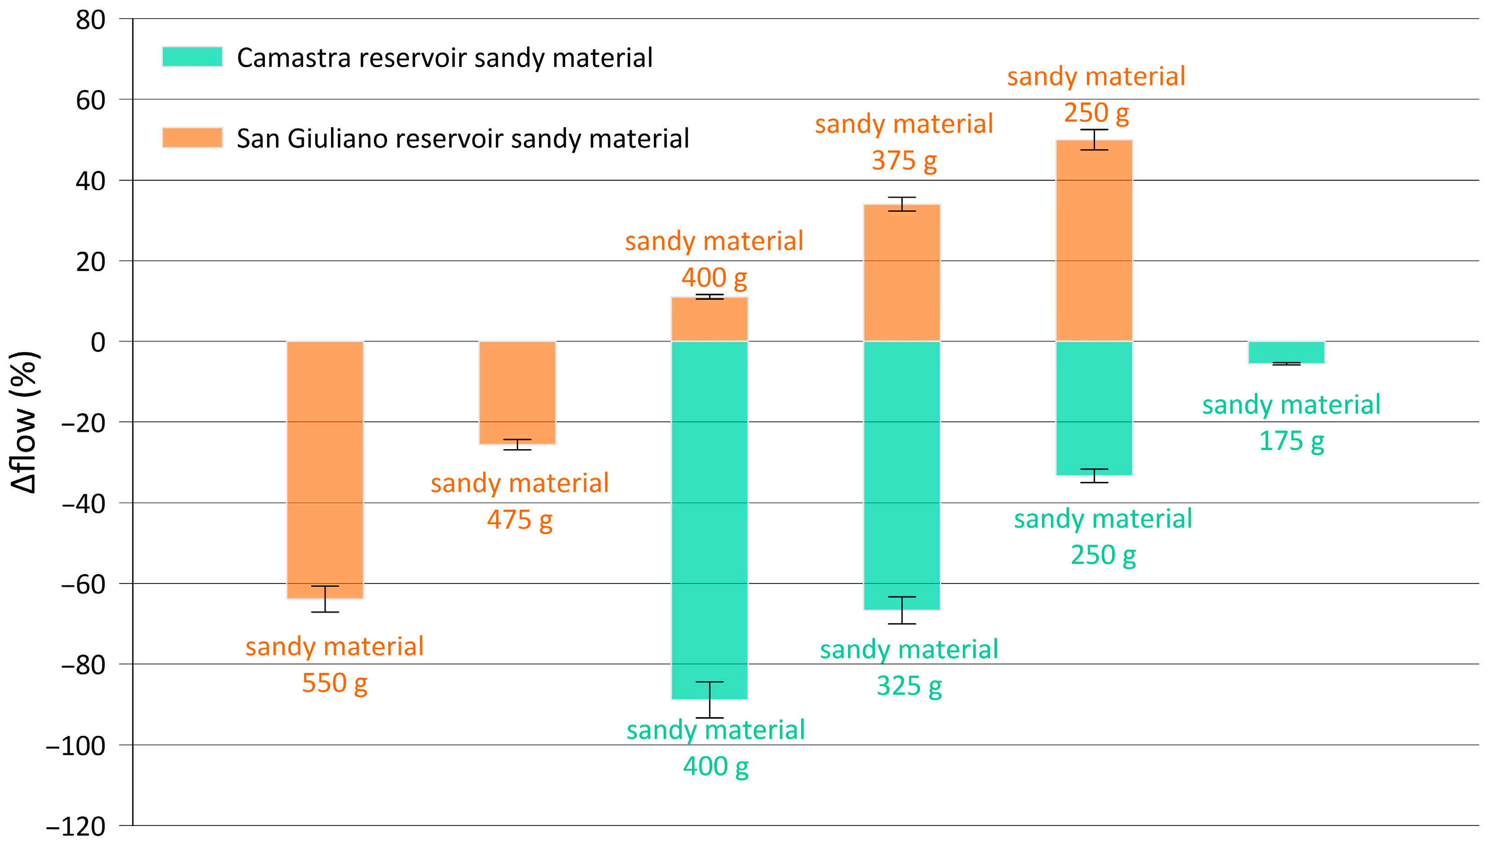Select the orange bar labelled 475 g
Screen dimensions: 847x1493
coord(517,392)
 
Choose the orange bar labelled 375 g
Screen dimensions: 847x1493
coord(902,272)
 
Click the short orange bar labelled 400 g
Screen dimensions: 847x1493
coord(709,319)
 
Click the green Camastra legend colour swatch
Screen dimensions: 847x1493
coord(192,57)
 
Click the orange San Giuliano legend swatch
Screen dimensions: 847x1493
coord(192,138)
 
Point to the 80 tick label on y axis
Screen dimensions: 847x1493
coord(91,20)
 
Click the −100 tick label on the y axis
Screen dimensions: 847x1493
coord(76,746)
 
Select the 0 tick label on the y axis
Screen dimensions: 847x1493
coord(98,343)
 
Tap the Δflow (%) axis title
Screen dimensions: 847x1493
coord(24,422)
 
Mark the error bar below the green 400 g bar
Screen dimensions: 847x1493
coord(709,700)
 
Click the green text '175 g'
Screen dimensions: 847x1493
coord(1291,441)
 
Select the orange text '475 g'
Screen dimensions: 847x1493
coord(519,520)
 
